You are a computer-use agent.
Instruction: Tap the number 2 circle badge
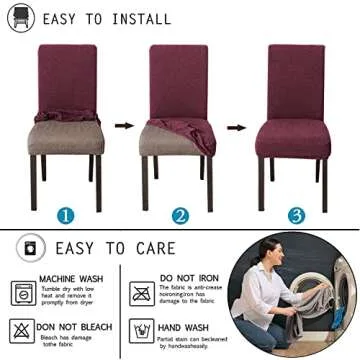coord(180,215)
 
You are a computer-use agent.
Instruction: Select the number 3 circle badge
coord(296,215)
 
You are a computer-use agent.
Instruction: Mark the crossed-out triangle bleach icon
coord(23,329)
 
